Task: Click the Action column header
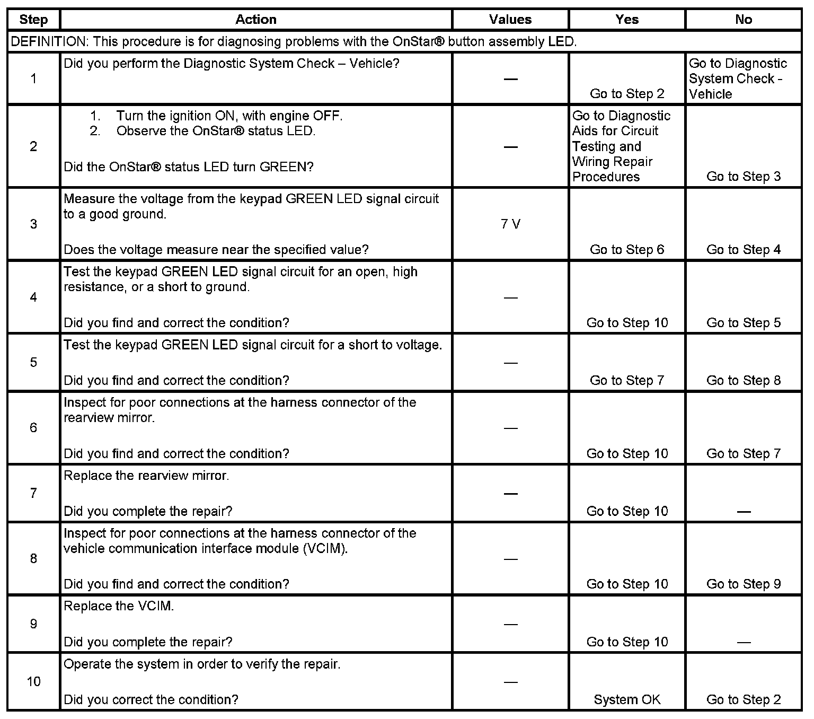point(256,20)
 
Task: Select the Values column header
point(510,20)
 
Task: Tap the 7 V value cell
point(510,224)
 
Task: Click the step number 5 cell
point(33,363)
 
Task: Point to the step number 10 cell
point(33,681)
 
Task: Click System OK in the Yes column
point(627,700)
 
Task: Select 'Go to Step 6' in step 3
point(627,250)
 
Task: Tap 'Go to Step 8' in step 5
point(744,381)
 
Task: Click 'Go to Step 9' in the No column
point(744,584)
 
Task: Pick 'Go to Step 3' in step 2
point(744,177)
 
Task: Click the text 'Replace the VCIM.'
point(119,606)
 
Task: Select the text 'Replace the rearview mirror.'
point(146,476)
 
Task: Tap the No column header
point(744,20)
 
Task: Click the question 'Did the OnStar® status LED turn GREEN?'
point(189,167)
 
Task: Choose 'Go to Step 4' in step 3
point(744,250)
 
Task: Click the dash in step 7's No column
point(744,512)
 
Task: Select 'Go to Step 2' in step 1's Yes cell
point(627,94)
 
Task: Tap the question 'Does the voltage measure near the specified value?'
point(216,250)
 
